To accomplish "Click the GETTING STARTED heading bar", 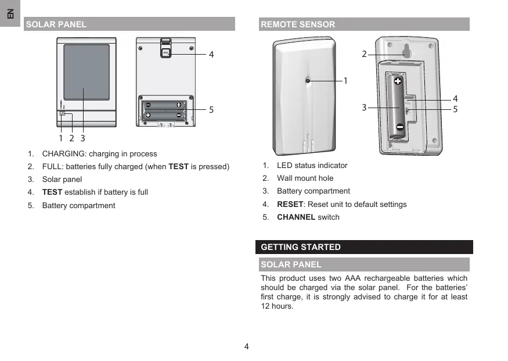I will [364, 247].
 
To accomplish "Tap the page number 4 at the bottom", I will [247, 347].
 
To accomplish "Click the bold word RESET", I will [290, 204].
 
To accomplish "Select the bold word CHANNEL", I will [296, 217].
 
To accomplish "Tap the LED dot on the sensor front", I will [308, 81].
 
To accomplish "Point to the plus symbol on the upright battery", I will [398, 81].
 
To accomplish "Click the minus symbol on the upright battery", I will [400, 127].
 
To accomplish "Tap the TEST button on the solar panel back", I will [165, 52].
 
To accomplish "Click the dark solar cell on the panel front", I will [86, 72].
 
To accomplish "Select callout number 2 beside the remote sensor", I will [364, 54].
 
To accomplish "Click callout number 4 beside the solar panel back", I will [211, 54].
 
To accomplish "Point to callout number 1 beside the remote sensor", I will [345, 81].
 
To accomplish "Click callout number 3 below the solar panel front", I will [83, 138].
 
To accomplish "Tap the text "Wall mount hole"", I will [305, 178].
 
